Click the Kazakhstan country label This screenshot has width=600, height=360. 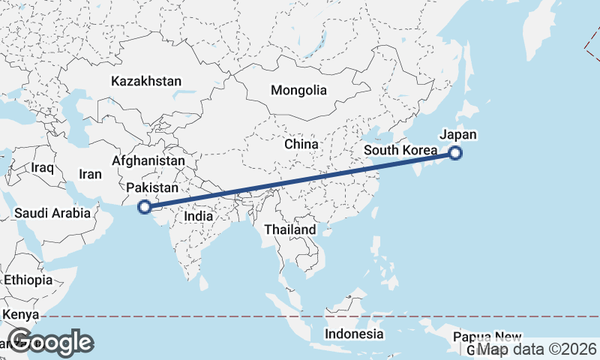pos(146,81)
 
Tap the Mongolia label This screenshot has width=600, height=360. pos(299,90)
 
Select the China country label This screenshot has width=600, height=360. pos(301,144)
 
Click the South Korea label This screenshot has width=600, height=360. pos(400,151)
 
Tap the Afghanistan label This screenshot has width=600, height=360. pos(148,160)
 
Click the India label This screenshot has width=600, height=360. pos(198,216)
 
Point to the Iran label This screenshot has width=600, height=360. pos(90,174)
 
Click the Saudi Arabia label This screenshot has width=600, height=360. pos(52,214)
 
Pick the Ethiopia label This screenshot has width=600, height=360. pos(28,280)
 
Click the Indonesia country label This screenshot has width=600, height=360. pos(354,334)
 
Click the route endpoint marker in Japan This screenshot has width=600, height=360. pos(455,154)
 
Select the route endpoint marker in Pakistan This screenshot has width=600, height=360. pos(145,207)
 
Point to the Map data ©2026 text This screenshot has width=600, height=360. pos(537,349)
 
